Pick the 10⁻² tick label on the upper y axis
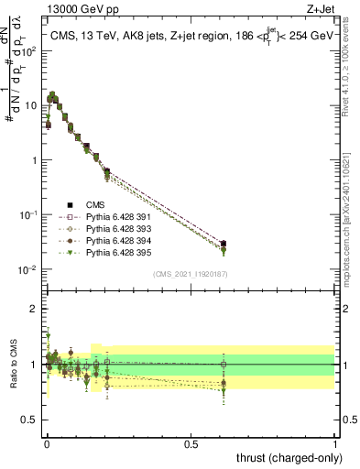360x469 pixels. (x=28, y=269)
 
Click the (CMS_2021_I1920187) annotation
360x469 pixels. (x=190, y=274)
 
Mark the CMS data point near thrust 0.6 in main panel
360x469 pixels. (x=224, y=244)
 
